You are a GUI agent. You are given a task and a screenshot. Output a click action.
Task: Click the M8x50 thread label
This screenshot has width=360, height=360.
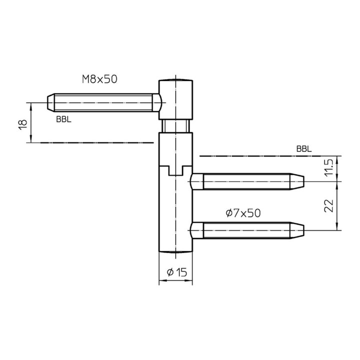coord(99,79)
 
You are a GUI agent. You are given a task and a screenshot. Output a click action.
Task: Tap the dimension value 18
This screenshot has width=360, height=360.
coord(23,125)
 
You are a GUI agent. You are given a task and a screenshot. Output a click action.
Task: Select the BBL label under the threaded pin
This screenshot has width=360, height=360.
coord(63,119)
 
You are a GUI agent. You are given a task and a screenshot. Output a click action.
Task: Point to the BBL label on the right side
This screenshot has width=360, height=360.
coord(304,149)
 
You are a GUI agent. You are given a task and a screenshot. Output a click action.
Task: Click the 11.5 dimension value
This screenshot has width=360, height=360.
coord(329,167)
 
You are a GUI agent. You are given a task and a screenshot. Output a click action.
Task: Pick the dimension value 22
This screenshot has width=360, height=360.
coord(329,205)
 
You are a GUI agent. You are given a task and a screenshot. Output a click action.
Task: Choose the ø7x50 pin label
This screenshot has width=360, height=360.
coord(243,213)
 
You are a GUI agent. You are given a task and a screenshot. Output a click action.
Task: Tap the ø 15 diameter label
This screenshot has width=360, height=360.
coord(177,272)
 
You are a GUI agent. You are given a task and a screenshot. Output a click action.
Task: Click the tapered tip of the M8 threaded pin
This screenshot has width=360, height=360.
coord(50,102)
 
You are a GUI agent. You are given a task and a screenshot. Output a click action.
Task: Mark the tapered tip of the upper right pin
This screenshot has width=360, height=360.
coord(297,181)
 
